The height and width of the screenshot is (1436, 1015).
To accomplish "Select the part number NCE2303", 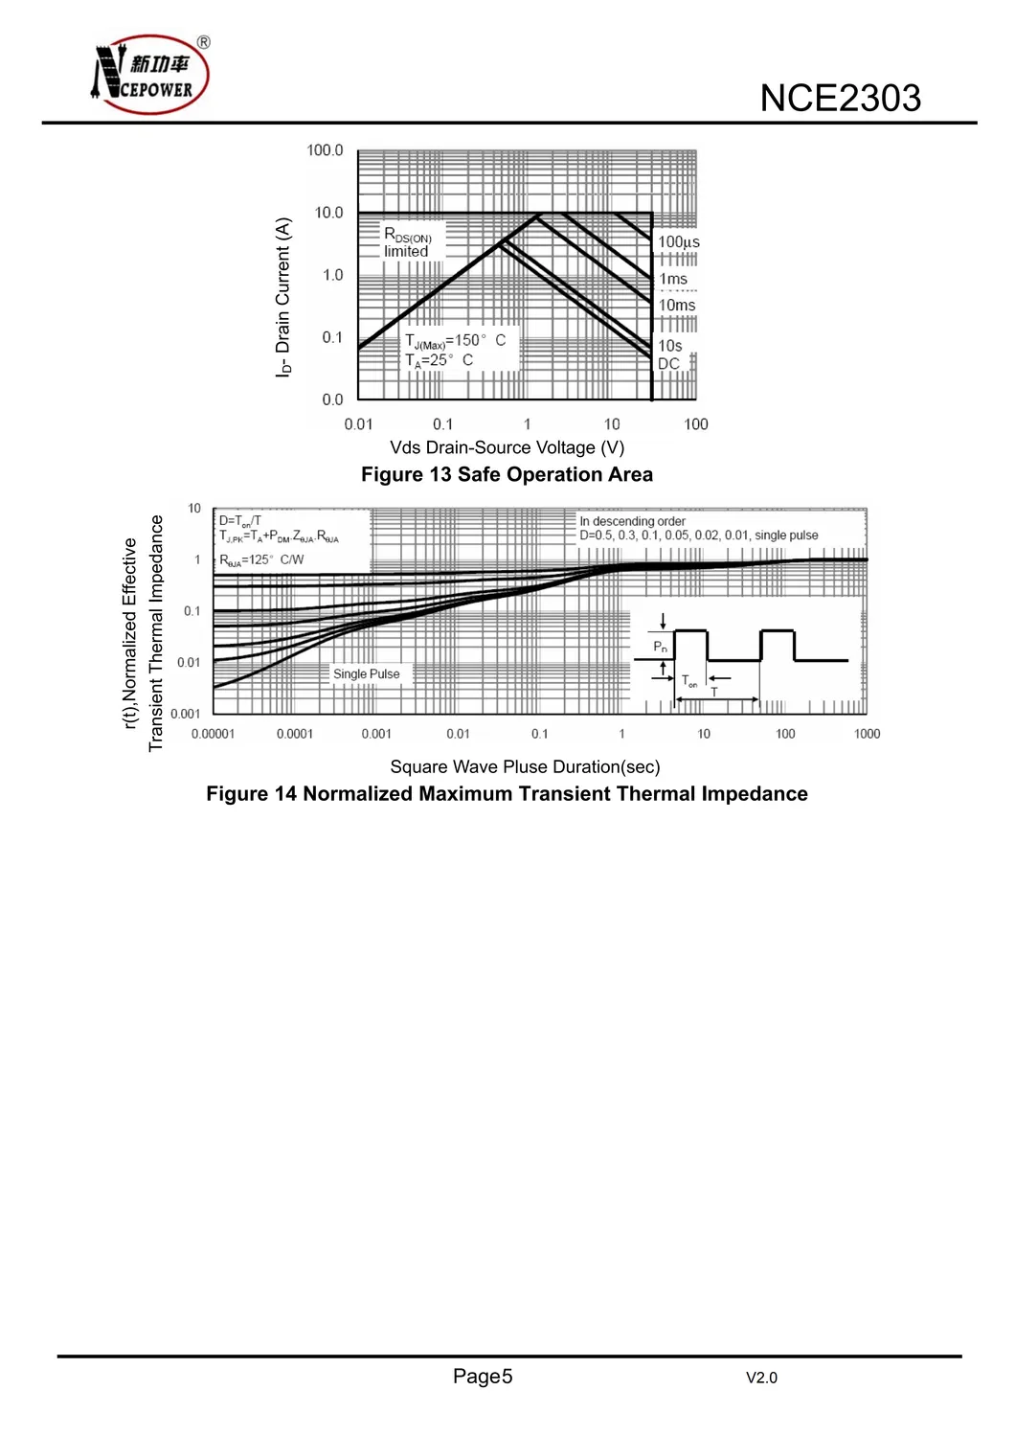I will coord(840,99).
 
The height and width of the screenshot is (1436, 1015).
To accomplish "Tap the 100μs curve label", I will coord(678,242).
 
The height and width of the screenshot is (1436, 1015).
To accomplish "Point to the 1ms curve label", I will coord(673,279).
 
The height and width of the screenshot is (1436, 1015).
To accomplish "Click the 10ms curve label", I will coord(677,306).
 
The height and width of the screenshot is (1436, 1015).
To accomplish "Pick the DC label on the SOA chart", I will coord(668,364).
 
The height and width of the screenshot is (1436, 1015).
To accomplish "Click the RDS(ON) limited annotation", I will coord(408,242).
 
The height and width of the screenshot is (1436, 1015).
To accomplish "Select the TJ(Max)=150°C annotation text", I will coord(455,341).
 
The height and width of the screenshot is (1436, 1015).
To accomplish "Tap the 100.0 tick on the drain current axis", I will coord(325,150).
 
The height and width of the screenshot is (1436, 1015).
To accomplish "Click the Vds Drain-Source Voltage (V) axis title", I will coord(507,447).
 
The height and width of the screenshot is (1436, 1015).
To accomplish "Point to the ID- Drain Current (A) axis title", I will coord(282,297).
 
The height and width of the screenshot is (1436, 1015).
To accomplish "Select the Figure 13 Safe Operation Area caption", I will coord(507,475).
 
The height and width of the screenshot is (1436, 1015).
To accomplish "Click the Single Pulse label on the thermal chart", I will coord(366,674).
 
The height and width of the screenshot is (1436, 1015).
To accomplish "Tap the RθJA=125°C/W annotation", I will coord(261,560).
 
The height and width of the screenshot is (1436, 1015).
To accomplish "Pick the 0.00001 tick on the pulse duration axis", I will coord(213,735).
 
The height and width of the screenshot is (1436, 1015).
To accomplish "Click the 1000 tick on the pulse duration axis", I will coord(867,735).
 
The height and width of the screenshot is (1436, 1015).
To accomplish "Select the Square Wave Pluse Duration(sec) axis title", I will coord(525,767).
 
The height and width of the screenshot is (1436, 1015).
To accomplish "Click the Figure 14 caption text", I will coord(507,794).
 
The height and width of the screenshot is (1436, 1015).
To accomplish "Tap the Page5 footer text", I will coord(483,1377).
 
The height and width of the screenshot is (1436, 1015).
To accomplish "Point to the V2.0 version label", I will coord(761,1379).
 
